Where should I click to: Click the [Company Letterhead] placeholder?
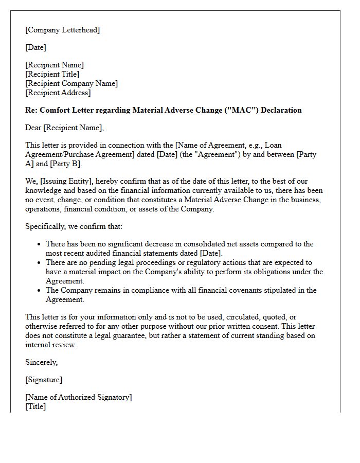pos(63,30)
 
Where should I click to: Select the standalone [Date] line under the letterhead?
pos(36,47)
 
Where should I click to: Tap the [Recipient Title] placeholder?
pos(52,74)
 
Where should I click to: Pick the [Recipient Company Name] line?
pos(71,83)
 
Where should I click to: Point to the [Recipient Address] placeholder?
pos(58,93)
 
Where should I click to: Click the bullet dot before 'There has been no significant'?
pos(39,244)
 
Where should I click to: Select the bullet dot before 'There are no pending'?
pos(39,263)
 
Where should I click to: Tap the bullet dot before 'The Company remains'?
pos(39,291)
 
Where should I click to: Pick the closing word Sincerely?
pos(42,362)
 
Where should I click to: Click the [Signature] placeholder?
pos(44,380)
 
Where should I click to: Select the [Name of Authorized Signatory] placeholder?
pos(78,397)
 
